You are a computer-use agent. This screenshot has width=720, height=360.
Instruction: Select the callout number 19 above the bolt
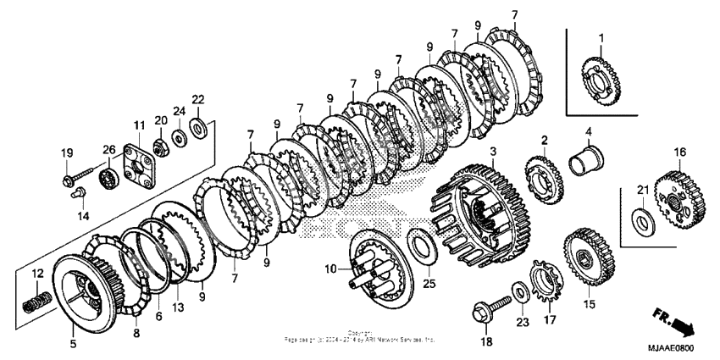[x=67, y=152]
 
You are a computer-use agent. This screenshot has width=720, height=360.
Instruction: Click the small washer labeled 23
[x=518, y=291]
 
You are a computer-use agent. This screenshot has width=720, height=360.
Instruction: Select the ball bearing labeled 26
[x=108, y=180]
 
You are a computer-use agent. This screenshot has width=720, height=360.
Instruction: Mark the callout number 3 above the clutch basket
[x=492, y=150]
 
